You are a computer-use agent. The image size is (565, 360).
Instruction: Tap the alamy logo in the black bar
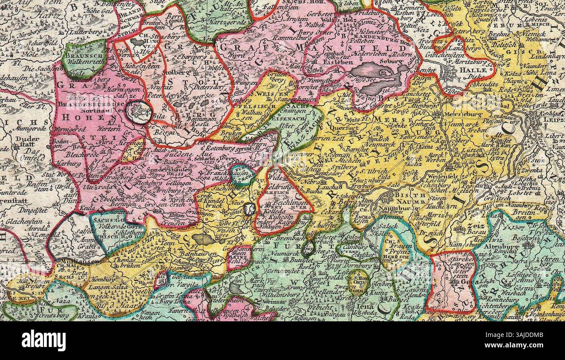[x=44, y=340]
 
